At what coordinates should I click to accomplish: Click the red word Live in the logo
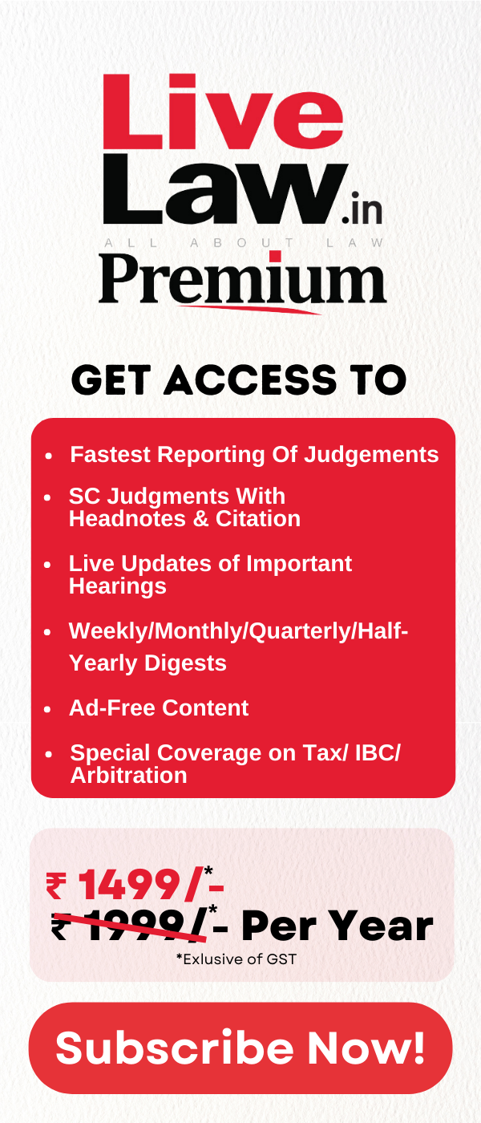click(223, 111)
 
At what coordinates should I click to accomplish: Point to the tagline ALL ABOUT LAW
click(244, 243)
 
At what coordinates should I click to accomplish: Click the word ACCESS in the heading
click(250, 379)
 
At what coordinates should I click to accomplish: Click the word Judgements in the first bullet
click(371, 456)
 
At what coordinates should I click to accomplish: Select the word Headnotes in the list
click(127, 518)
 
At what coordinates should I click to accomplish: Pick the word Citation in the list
click(258, 518)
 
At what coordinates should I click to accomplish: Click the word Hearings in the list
click(118, 586)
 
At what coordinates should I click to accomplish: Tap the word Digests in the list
click(185, 663)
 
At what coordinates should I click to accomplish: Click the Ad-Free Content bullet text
click(159, 707)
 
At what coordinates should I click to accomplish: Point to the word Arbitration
click(129, 775)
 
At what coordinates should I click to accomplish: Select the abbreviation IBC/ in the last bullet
click(378, 753)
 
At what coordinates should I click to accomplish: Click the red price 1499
click(130, 886)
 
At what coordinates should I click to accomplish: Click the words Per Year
click(338, 926)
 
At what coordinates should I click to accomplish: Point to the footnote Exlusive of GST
click(236, 959)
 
